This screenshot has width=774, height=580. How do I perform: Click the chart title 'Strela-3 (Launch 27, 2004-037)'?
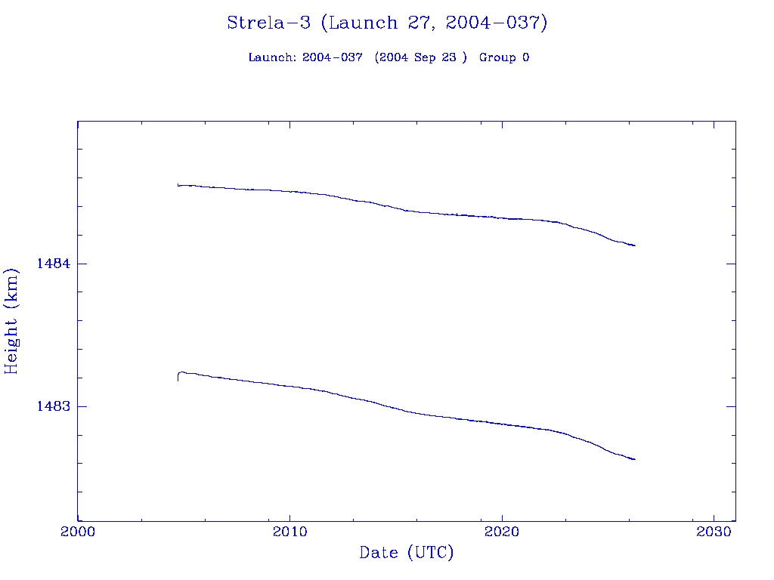coord(387,23)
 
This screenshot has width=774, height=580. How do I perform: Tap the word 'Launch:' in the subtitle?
coord(272,58)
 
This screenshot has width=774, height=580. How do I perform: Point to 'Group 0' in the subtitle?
coord(503,58)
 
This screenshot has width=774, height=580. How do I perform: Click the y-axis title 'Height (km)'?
coord(11,321)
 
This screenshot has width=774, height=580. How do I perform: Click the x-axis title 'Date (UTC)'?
coord(407,553)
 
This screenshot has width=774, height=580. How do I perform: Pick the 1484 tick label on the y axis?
coord(54,264)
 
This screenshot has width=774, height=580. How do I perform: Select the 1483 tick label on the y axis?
coord(54,406)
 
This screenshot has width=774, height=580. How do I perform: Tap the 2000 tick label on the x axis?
coord(78,532)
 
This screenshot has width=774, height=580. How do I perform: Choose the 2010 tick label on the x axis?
coord(290,532)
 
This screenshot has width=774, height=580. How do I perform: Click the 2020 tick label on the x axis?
coord(503,532)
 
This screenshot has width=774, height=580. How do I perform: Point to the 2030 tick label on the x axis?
coord(714,532)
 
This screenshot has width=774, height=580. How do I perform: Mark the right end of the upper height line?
coord(635,245)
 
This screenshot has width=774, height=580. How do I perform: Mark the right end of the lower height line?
coord(635,459)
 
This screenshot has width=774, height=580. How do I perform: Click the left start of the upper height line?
coord(178,184)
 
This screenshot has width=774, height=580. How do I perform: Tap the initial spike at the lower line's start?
coord(178,376)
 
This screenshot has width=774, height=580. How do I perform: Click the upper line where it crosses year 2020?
coord(503,218)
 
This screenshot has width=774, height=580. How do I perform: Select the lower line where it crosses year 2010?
coord(290,386)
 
